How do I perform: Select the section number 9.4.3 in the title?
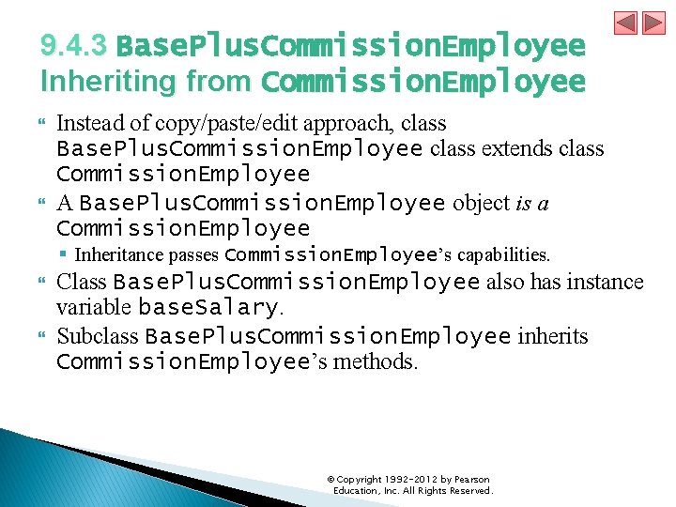click(x=74, y=45)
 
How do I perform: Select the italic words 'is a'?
click(x=531, y=203)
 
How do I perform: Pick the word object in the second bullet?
click(x=482, y=203)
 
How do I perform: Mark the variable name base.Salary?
click(x=207, y=307)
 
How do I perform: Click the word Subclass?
click(x=98, y=336)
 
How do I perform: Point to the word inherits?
click(x=553, y=336)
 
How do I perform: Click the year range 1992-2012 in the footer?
click(x=407, y=479)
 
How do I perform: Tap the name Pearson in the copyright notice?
click(x=471, y=479)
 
